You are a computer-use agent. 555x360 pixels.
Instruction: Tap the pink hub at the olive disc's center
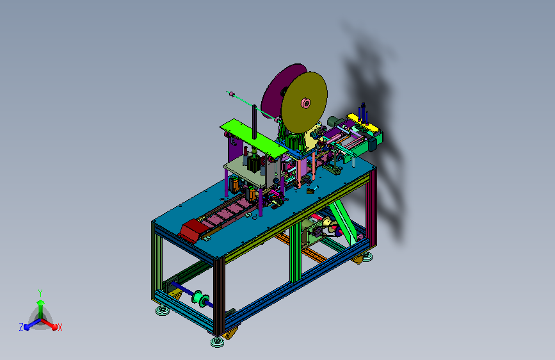coord(305,103)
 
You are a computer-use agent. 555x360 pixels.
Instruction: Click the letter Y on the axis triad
coord(40,293)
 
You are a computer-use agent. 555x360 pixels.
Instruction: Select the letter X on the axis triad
coord(60,327)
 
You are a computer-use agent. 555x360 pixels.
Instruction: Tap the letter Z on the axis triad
coord(21,327)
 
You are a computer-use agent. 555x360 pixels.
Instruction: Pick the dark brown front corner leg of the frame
coord(219,296)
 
